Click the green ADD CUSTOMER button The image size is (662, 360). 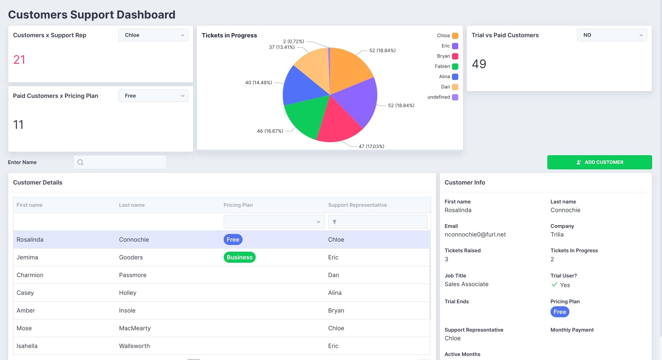pos(599,162)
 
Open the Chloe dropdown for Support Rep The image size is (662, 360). pos(153,35)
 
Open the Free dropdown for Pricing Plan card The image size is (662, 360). pos(153,96)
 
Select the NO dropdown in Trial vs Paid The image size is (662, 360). pos(612,35)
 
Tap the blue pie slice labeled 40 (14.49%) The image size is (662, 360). pos(301,87)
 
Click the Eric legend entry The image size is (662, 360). pos(449,46)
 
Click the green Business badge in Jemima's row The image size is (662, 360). pos(240,257)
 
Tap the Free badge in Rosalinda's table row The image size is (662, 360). pos(233,239)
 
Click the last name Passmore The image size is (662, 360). pos(133,275)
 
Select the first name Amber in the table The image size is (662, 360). pos(26,310)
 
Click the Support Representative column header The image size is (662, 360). pos(357,205)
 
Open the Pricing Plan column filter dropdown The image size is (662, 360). pos(274,222)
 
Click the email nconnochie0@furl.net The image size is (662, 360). pos(475,235)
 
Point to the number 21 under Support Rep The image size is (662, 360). pos(19,60)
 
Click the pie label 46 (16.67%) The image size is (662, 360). pos(270,131)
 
